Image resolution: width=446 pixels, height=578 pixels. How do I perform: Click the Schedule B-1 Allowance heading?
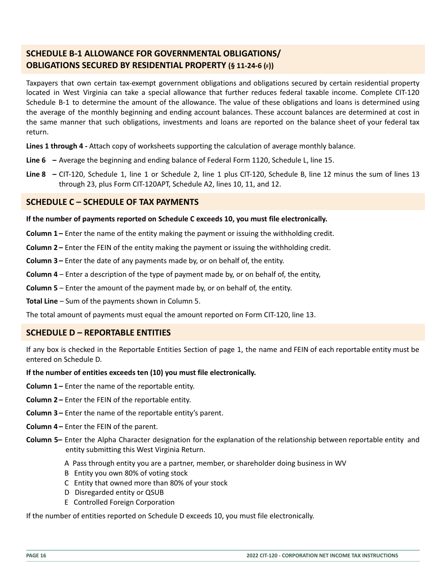tap(153, 53)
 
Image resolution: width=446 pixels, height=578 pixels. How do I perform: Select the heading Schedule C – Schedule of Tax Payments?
tap(112, 202)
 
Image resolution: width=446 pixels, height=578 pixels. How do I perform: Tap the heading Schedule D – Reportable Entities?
tap(98, 333)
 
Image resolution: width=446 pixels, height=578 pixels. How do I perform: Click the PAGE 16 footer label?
tap(36, 555)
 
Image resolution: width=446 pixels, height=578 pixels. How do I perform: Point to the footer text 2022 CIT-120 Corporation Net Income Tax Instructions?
tap(322, 555)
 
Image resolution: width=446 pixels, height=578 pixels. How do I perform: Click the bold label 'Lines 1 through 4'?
tap(56, 146)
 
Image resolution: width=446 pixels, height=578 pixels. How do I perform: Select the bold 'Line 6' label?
tap(36, 160)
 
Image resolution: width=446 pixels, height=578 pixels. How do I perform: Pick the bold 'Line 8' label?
tap(36, 174)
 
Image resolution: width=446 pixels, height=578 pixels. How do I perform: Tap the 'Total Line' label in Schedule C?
tap(42, 301)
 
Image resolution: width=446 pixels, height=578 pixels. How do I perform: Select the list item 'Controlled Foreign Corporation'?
tap(124, 502)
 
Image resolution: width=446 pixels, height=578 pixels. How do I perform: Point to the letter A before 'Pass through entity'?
tap(67, 463)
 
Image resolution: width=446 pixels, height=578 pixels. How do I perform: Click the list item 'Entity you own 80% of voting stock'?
tap(131, 473)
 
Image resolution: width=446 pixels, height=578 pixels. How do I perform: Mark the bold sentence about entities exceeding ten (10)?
tap(141, 373)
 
